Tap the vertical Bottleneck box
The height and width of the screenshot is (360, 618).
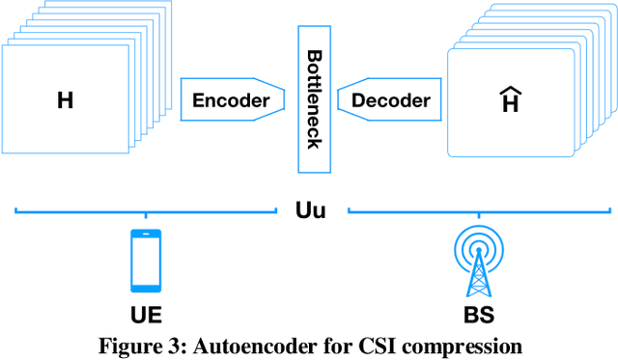313,99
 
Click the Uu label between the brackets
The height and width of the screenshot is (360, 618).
310,208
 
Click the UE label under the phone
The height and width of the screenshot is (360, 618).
145,314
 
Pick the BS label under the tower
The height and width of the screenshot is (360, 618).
476,314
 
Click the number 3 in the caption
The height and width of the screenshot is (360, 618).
173,345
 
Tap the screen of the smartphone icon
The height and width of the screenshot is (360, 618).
145,259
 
